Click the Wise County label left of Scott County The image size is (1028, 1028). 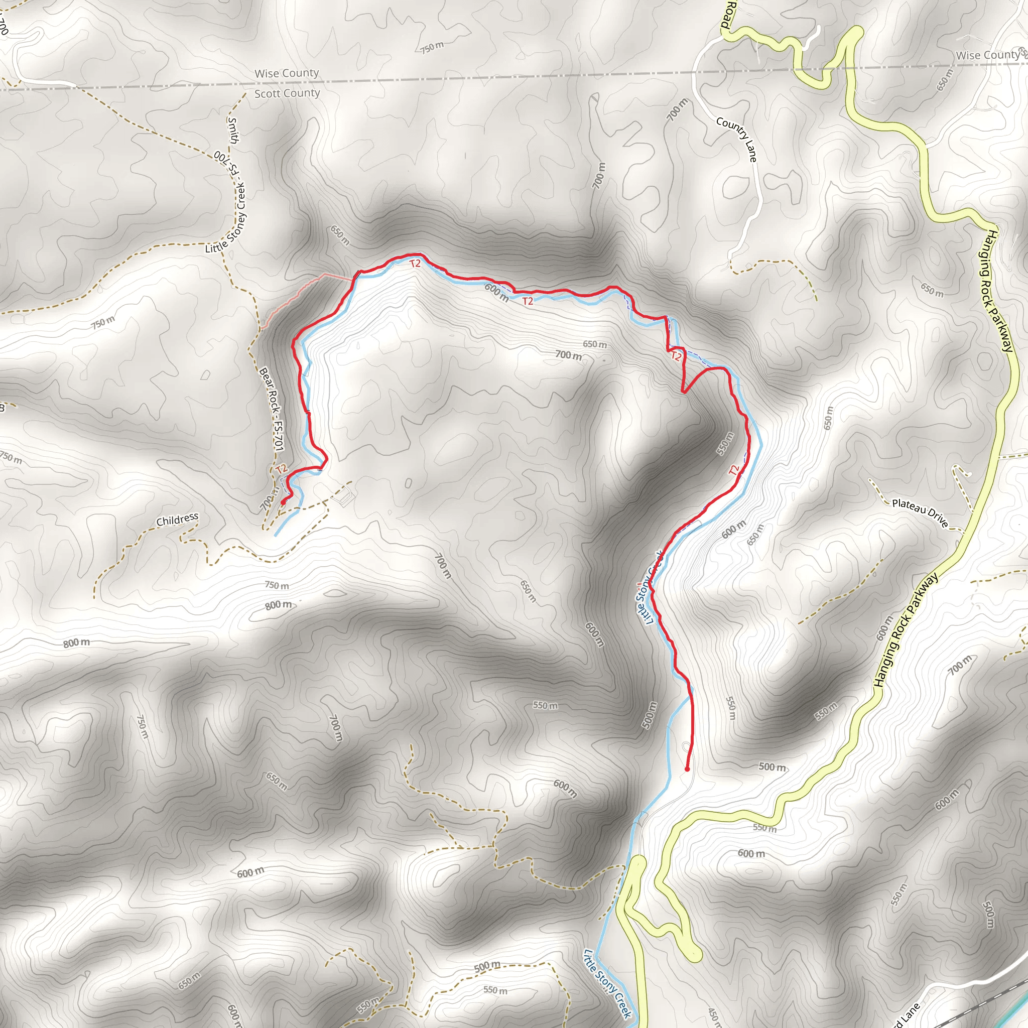tap(286, 73)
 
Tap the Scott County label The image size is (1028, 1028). tap(287, 94)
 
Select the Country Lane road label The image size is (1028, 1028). tap(736, 139)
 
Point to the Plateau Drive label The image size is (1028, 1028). tap(920, 513)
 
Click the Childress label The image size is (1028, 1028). tap(177, 520)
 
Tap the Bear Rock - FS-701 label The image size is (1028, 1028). tap(272, 409)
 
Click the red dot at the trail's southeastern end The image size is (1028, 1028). tap(688, 769)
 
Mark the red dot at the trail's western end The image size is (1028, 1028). tap(283, 502)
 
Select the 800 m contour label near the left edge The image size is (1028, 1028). tap(77, 643)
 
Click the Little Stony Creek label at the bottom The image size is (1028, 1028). tap(608, 983)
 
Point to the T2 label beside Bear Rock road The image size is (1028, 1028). tap(282, 469)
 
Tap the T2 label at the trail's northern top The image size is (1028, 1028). tap(415, 264)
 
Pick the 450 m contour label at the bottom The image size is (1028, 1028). tap(714, 1015)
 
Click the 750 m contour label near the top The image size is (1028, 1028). tap(432, 48)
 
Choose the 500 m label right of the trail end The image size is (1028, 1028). tap(772, 767)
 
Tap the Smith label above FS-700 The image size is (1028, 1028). tap(233, 131)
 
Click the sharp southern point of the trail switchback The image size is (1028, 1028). tap(683, 393)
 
